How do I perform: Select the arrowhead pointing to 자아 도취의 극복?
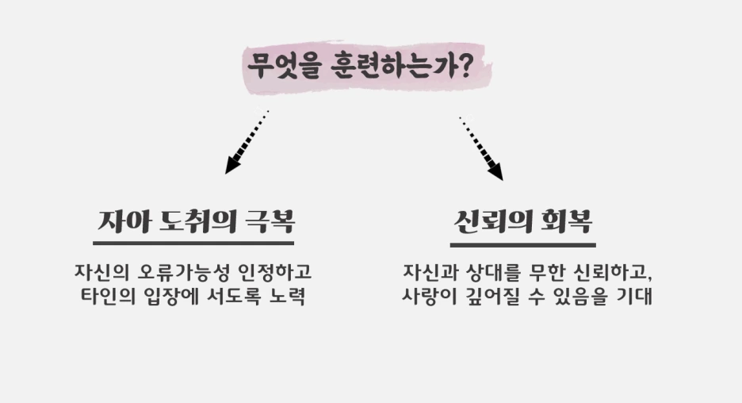(232, 165)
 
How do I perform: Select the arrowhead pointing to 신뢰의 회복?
(495, 171)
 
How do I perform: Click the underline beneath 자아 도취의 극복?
(193, 243)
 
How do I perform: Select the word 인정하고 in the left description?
(269, 272)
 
